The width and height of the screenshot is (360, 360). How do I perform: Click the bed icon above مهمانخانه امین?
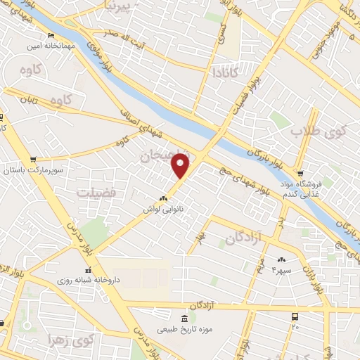[x=49, y=34]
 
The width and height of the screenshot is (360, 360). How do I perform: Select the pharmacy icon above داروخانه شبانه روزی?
[x=87, y=270]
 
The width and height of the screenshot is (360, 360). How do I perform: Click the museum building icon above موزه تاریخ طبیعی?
[x=184, y=319]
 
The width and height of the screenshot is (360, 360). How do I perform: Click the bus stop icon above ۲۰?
[x=294, y=316]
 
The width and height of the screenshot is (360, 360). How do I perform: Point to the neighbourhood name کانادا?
[x=227, y=72]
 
